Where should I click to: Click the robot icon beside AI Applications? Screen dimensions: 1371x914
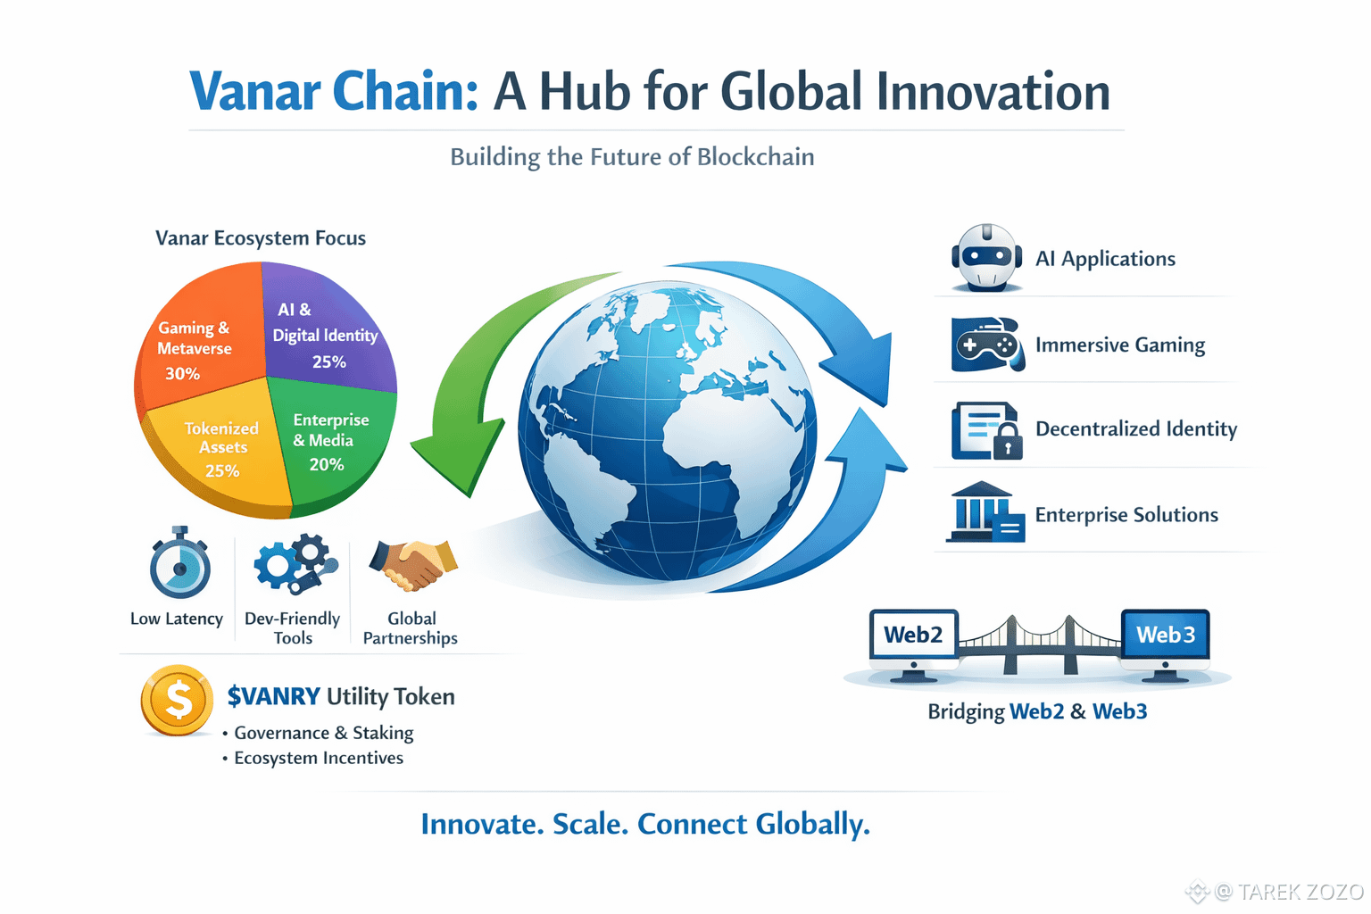(x=986, y=258)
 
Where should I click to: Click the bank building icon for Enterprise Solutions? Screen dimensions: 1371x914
(x=985, y=511)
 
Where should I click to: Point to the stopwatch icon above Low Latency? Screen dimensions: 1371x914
(x=180, y=562)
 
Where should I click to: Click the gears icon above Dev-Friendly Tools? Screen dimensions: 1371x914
(x=295, y=563)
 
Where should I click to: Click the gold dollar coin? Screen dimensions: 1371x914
(x=177, y=700)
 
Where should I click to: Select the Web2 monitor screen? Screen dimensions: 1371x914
(x=913, y=635)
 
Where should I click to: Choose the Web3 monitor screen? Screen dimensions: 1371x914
(x=1166, y=635)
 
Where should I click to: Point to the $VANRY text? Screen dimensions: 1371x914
(x=274, y=696)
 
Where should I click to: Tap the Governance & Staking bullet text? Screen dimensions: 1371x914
(x=324, y=733)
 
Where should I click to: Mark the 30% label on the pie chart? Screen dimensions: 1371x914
(x=182, y=373)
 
